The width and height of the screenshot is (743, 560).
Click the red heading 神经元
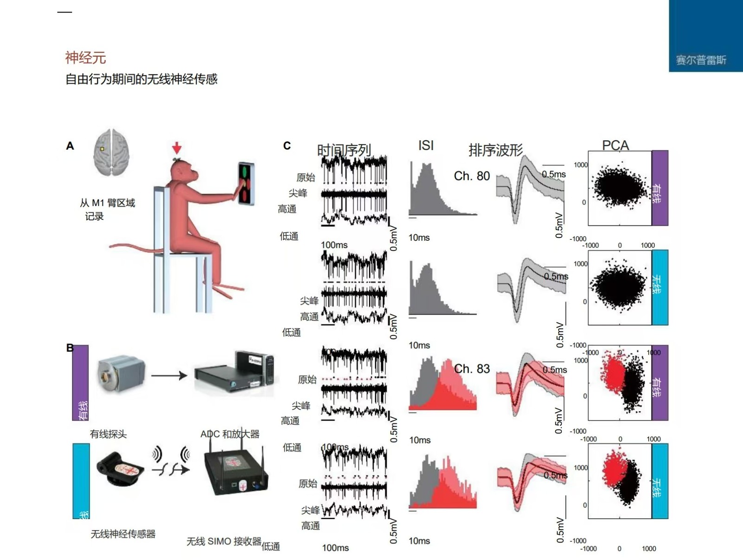85,58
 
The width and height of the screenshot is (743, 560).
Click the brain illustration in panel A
111,152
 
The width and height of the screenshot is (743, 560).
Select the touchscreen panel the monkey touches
246,183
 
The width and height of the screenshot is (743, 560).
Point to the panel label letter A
70,146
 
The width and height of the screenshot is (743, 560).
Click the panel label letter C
287,146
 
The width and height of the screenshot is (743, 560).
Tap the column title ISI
426,145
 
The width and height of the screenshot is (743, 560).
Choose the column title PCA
615,145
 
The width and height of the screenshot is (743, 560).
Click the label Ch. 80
472,176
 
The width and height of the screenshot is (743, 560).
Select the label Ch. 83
472,369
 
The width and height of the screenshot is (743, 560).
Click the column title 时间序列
344,150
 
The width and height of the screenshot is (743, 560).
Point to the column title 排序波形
495,150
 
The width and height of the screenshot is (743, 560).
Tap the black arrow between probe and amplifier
169,375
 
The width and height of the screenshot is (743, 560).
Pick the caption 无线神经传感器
123,534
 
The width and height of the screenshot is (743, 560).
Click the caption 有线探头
108,434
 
